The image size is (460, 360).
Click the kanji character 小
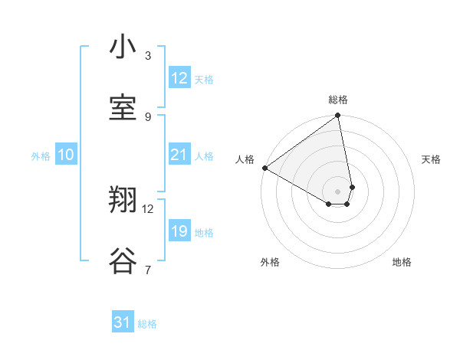click(x=123, y=47)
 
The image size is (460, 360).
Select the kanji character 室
click(x=123, y=108)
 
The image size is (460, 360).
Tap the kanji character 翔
click(x=123, y=201)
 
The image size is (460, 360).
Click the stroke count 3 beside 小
click(x=148, y=56)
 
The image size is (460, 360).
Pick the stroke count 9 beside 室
click(x=148, y=116)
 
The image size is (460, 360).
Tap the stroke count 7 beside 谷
click(x=148, y=270)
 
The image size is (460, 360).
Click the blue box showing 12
click(x=179, y=78)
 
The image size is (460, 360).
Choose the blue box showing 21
click(x=179, y=155)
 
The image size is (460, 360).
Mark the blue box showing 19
click(x=179, y=231)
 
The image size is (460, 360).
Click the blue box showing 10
click(x=66, y=155)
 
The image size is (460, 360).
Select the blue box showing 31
click(x=123, y=323)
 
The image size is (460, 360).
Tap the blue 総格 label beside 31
click(x=147, y=324)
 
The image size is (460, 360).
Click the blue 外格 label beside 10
click(x=41, y=155)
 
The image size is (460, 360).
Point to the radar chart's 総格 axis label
click(x=338, y=100)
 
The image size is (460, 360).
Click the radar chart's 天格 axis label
click(x=432, y=159)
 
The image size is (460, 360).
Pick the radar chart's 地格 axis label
click(x=402, y=262)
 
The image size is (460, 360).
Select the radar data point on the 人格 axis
click(x=264, y=168)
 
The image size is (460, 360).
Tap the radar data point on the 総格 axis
click(x=338, y=116)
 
